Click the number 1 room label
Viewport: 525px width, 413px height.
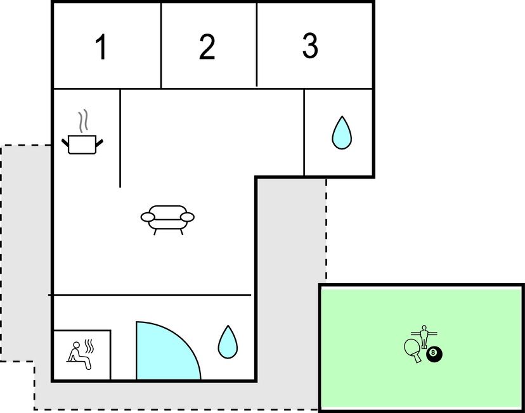(x=101, y=46)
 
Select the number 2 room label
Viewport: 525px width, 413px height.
(x=207, y=46)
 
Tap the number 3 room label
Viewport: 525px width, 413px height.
(x=310, y=46)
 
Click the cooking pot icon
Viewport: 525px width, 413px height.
(x=82, y=144)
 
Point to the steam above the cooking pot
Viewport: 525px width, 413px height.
(x=83, y=120)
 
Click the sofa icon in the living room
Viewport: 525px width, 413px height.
(x=167, y=220)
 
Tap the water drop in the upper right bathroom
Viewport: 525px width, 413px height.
(x=342, y=133)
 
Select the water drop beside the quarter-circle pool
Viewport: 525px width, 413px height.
(x=228, y=342)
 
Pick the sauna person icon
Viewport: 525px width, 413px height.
(x=79, y=355)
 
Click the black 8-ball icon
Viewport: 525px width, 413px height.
(x=434, y=355)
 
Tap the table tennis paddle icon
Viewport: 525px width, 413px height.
(x=413, y=350)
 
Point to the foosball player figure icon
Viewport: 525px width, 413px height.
(x=424, y=336)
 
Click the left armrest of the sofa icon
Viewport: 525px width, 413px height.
(x=148, y=217)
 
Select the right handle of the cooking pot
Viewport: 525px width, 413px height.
(x=100, y=143)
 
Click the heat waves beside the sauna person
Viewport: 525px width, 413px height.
(x=89, y=346)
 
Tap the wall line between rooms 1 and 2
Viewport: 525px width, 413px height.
(x=161, y=46)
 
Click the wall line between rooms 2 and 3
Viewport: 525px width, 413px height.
(x=257, y=44)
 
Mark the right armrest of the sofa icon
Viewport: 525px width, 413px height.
(x=188, y=217)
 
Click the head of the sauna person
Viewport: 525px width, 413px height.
(x=77, y=345)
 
